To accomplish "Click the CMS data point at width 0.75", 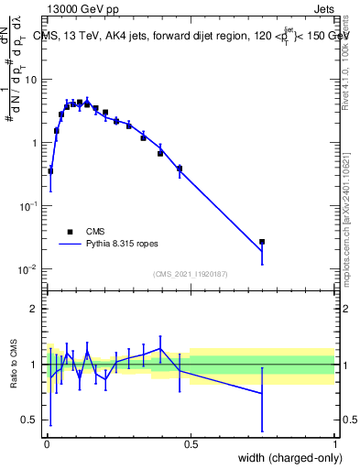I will [x=262, y=242].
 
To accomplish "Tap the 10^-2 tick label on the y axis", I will [x=28, y=269].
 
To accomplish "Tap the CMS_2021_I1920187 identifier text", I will [x=190, y=274].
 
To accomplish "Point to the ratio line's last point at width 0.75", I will [x=262, y=393].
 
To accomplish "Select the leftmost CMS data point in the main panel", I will [x=50, y=171].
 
